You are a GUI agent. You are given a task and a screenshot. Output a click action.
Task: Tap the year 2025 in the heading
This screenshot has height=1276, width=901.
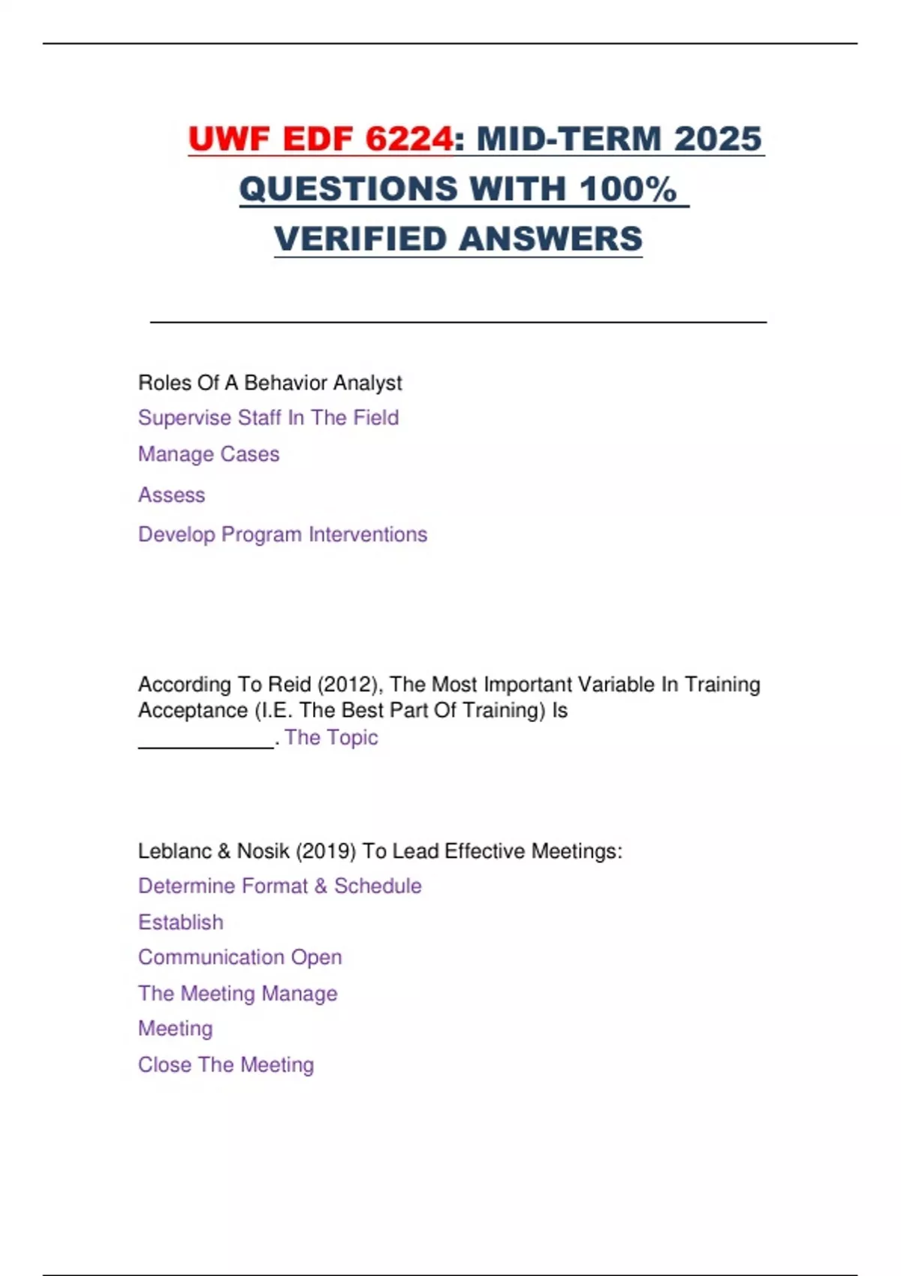click(717, 139)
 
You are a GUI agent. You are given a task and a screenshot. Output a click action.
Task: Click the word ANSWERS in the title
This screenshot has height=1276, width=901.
click(550, 239)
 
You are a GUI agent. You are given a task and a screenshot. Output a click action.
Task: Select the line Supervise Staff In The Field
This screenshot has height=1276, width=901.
click(268, 417)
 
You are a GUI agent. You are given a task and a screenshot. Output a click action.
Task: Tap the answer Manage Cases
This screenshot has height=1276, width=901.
click(209, 454)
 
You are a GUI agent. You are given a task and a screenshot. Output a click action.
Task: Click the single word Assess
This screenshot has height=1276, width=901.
click(171, 495)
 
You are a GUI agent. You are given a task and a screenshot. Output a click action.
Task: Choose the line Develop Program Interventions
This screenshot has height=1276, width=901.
click(282, 534)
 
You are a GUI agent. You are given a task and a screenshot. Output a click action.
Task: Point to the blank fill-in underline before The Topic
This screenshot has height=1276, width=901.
click(206, 739)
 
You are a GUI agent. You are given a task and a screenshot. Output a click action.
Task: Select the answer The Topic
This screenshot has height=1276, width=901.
click(331, 737)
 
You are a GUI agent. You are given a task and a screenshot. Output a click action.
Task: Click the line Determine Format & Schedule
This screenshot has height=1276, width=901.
click(279, 886)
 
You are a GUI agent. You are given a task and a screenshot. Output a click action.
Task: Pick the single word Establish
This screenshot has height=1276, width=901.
click(180, 922)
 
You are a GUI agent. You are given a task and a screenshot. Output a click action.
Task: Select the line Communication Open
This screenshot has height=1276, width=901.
click(240, 957)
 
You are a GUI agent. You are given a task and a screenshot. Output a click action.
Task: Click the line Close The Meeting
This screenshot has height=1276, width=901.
click(225, 1064)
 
